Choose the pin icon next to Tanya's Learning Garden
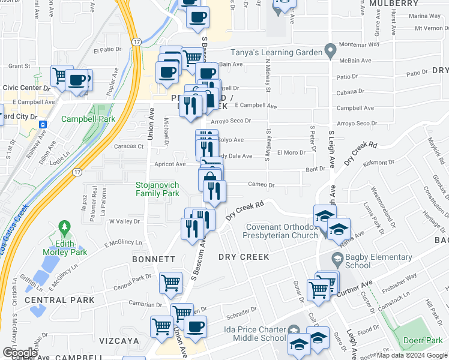[x=329, y=51]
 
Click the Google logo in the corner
[x=20, y=353]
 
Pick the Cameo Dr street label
[x=261, y=185]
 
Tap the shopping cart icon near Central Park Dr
[x=170, y=282]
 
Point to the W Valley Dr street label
[x=124, y=221]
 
